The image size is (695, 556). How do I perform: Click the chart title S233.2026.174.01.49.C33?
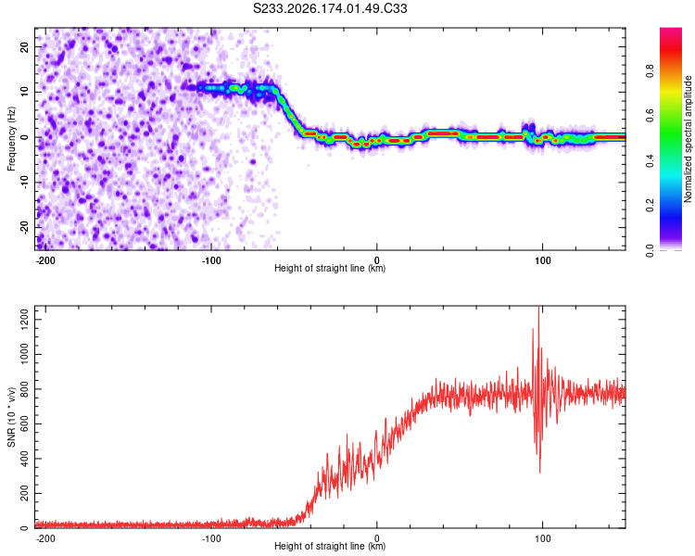tap(330, 8)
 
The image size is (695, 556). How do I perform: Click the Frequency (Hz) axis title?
tap(11, 139)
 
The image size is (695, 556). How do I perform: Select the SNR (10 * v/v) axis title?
tap(11, 417)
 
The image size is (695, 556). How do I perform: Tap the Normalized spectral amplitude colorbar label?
tap(688, 139)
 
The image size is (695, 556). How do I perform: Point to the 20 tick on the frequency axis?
tap(24, 46)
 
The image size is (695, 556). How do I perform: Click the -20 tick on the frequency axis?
tap(24, 227)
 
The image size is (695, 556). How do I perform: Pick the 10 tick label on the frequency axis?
tap(24, 92)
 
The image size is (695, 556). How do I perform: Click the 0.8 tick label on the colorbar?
tap(650, 71)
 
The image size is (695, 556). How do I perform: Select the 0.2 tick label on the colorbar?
tap(650, 206)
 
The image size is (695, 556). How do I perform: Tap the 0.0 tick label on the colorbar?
tap(650, 250)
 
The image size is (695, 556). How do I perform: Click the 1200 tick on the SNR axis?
tap(24, 320)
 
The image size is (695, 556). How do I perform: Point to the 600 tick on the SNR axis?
tap(24, 423)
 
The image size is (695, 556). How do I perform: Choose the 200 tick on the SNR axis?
tap(24, 493)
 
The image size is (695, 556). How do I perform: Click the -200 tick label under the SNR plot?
tap(44, 538)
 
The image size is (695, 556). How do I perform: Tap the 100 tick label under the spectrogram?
tap(542, 260)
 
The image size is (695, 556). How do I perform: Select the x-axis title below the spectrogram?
tap(330, 268)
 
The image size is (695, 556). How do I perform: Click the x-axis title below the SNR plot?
tap(330, 546)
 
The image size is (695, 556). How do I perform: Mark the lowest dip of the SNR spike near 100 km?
tap(539, 473)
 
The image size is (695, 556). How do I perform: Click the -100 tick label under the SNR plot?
tap(211, 538)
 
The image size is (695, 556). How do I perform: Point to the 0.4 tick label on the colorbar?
tap(650, 160)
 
